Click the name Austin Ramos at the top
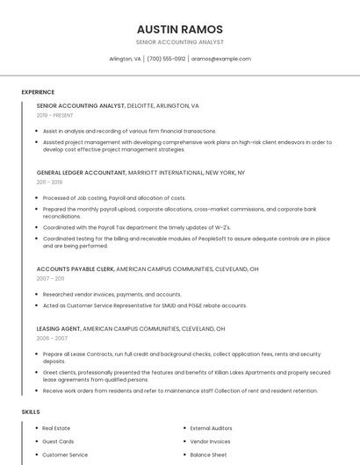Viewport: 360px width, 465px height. point(180,29)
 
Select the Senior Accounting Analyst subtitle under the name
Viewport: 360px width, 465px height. point(180,42)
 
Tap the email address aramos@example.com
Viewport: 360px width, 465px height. point(221,59)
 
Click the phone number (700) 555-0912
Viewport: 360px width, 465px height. point(166,59)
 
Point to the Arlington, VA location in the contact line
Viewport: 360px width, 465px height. point(125,59)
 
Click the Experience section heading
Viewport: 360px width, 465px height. point(38,92)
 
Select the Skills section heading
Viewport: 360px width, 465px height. point(31,411)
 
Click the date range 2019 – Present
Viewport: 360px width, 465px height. point(54,116)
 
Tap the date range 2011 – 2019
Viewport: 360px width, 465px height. point(49,182)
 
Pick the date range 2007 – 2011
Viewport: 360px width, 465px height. point(50,278)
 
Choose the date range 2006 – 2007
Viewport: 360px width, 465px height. point(52,338)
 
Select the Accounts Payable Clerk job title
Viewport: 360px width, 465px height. point(76,268)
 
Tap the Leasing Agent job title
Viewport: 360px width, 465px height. point(58,328)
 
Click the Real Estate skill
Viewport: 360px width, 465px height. point(56,428)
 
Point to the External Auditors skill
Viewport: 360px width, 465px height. point(211,428)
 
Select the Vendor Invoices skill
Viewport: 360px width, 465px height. point(210,441)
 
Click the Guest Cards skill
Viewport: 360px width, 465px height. point(58,441)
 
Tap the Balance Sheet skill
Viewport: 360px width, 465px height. point(208,454)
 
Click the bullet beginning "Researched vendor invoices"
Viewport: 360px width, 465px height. point(112,295)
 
